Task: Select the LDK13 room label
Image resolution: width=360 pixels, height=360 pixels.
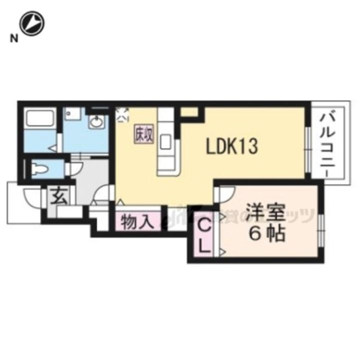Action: point(232,146)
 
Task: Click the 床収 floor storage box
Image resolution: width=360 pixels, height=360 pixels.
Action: point(142,133)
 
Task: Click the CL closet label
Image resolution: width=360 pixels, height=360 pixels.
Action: point(204,236)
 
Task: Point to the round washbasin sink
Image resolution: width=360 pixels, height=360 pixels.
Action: point(95,122)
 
